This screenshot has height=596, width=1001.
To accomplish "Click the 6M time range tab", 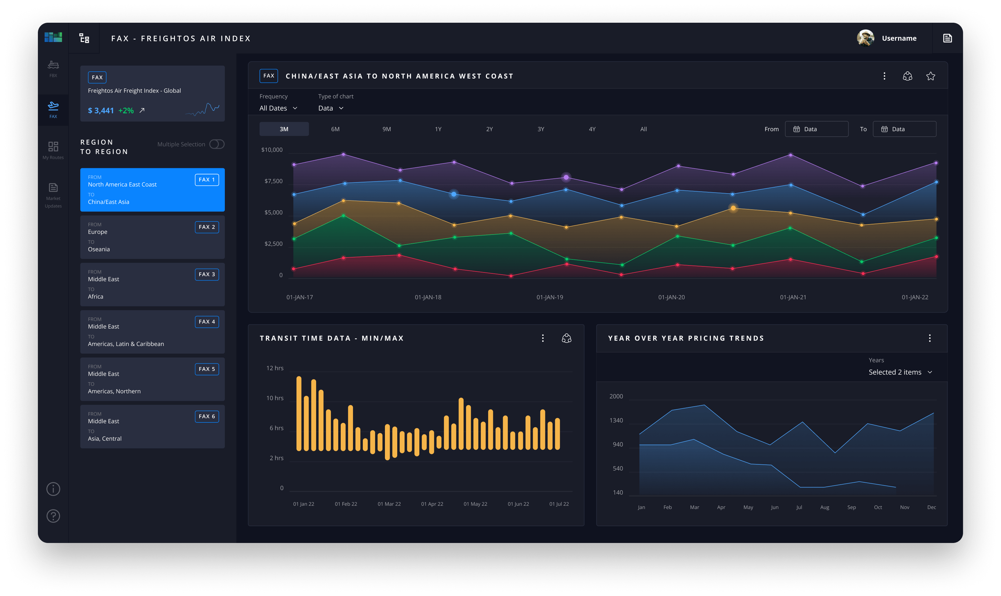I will (335, 129).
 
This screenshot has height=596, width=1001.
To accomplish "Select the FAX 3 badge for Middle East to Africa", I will (207, 274).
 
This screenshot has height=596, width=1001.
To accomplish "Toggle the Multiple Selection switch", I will (217, 144).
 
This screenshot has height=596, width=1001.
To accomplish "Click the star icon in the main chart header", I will (930, 76).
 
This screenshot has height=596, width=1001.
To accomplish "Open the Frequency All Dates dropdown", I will (278, 108).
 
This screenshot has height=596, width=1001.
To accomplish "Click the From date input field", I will (816, 129).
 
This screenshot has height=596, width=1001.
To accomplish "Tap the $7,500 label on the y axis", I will (273, 181).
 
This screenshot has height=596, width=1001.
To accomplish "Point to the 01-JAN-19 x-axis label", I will (549, 297).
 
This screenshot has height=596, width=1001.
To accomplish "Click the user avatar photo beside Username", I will (865, 38).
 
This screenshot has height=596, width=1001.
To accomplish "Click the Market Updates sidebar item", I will (53, 195).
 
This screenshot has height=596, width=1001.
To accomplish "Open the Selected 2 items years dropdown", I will (900, 372).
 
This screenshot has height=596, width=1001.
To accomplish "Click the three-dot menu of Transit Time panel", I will (543, 338).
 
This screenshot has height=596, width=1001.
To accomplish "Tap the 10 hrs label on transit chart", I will (275, 398).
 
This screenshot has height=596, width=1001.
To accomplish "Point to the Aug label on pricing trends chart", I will (824, 507).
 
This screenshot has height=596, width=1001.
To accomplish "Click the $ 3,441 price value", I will (101, 110).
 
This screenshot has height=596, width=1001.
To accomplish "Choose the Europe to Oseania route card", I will (152, 237).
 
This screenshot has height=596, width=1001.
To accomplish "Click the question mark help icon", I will (53, 516).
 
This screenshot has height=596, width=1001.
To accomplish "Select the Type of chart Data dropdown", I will (331, 108).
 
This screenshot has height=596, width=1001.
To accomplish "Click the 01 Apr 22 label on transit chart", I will (432, 504).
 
